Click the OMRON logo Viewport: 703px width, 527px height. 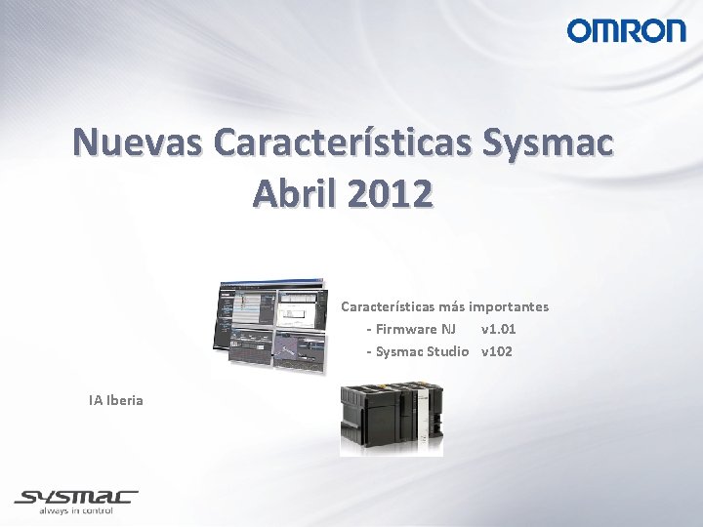click(x=626, y=30)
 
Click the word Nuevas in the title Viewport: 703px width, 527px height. click(x=138, y=142)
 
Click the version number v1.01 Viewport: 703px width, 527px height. click(x=498, y=329)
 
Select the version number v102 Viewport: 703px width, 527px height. click(x=496, y=351)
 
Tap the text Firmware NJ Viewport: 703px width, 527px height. click(x=415, y=329)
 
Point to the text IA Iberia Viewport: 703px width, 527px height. click(x=115, y=400)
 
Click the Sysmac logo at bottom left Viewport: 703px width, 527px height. click(x=75, y=498)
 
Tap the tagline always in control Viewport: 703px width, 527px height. click(x=75, y=510)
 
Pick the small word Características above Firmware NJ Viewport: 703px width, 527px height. click(x=387, y=306)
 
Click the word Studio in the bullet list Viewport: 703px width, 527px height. click(x=448, y=351)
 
